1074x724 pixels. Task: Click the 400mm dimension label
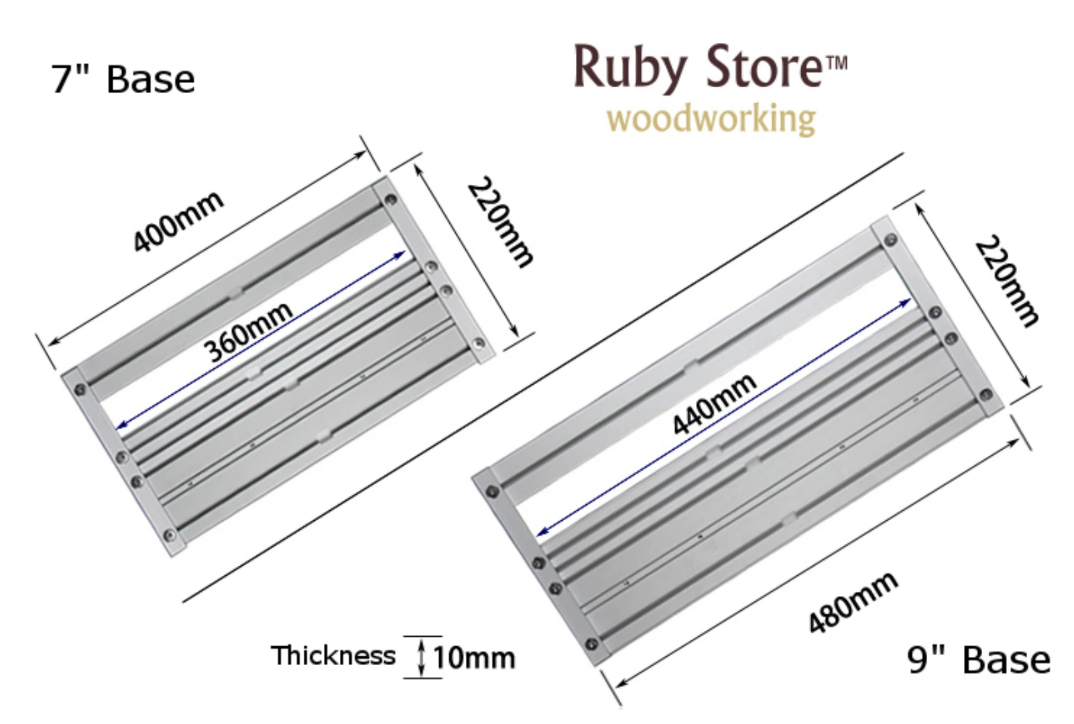click(x=178, y=222)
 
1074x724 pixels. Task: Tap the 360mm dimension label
click(x=248, y=330)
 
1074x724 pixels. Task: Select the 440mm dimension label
click(x=715, y=404)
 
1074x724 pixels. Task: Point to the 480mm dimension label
click(x=852, y=603)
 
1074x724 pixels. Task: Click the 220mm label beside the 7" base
click(x=501, y=223)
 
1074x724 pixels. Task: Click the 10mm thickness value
click(x=474, y=658)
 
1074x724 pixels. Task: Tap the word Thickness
click(x=333, y=656)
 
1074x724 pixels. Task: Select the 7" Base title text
click(x=123, y=79)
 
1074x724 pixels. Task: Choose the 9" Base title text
click(x=979, y=660)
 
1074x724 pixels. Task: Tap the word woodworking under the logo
click(x=711, y=119)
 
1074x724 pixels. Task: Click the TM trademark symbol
click(x=837, y=64)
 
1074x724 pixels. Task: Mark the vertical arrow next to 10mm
click(x=422, y=657)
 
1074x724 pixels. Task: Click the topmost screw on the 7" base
click(x=390, y=199)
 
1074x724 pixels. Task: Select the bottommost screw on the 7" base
click(x=170, y=536)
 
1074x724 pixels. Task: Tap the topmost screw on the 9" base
click(x=890, y=240)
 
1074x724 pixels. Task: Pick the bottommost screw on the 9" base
click(x=591, y=645)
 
